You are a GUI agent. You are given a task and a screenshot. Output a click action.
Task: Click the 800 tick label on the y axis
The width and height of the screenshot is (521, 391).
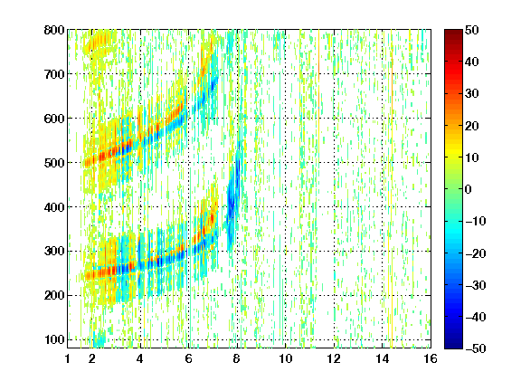54,30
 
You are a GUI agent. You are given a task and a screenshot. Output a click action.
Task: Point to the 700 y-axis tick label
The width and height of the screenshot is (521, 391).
54,74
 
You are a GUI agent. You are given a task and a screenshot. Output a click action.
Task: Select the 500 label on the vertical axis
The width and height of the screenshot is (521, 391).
54,163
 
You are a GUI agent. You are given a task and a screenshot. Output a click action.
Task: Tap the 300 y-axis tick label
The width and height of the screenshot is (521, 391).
54,252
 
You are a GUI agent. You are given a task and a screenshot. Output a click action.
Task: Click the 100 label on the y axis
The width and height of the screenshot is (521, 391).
54,339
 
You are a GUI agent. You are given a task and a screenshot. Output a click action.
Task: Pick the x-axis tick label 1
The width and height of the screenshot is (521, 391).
68,358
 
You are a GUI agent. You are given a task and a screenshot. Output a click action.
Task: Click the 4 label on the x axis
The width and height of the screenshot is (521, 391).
140,358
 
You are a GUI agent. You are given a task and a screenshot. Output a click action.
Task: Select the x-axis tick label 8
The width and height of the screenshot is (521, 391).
237,358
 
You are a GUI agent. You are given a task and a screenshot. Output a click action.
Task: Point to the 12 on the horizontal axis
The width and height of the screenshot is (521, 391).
334,358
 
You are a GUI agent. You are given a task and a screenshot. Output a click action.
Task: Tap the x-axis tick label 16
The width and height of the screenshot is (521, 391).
431,358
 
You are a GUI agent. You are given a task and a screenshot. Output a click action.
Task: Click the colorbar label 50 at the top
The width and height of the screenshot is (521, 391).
472,30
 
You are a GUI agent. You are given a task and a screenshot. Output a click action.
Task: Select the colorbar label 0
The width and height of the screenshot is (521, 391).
469,189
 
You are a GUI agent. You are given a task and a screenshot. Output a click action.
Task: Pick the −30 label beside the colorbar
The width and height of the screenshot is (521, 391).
476,285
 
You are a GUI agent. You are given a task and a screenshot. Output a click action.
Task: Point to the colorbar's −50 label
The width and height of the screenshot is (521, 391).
476,348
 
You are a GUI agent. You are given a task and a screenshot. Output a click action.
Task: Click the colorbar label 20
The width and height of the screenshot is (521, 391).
472,126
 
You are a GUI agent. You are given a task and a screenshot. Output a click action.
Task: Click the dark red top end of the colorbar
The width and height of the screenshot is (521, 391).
453,33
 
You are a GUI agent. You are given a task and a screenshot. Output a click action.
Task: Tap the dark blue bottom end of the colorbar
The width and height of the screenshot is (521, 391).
453,346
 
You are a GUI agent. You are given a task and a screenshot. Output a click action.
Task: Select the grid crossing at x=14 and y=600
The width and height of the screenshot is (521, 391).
382,119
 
